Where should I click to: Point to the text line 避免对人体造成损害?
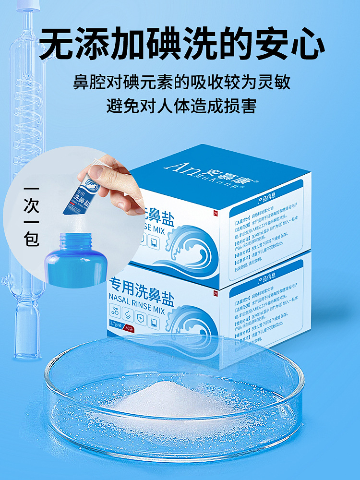click(x=181, y=105)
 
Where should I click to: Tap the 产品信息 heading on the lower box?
click(x=269, y=279)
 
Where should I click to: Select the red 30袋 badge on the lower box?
click(x=129, y=329)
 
